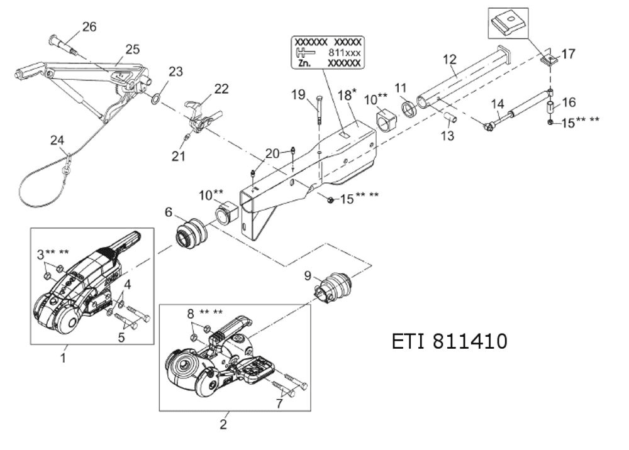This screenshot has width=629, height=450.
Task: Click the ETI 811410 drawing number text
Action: click(x=449, y=342)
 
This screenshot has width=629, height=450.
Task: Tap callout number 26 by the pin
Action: click(x=89, y=27)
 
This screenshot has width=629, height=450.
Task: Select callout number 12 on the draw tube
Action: click(x=449, y=59)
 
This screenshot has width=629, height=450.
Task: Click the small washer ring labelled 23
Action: click(x=155, y=98)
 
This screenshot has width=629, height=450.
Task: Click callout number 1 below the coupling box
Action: click(x=63, y=358)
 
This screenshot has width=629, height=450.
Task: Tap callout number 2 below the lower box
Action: click(x=223, y=424)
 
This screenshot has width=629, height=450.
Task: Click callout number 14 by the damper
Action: click(x=498, y=102)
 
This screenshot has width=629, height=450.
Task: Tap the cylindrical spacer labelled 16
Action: click(x=550, y=106)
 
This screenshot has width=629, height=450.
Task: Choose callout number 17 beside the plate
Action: click(x=568, y=54)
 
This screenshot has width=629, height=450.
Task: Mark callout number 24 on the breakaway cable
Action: click(x=57, y=141)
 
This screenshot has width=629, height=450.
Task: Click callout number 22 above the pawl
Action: click(x=221, y=89)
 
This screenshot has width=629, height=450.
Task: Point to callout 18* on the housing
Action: click(x=347, y=95)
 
